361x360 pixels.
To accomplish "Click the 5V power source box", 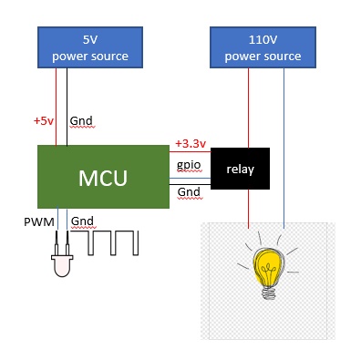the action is coord(90,47).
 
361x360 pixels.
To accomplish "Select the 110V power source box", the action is coord(263,47).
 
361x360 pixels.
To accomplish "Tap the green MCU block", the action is coord(103,177).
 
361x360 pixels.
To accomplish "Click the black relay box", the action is coord(240,169).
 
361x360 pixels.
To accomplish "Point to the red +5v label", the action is coord(44,121).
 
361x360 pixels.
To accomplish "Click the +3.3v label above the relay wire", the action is coord(191,143).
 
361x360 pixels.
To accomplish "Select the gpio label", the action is coord(189,166).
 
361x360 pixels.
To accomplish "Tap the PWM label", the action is coord(39,221).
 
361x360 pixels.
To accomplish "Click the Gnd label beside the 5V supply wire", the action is coord(81,121).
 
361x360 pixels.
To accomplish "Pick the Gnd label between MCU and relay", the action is coord(189,192).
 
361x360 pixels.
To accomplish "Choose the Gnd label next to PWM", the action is coord(82,221).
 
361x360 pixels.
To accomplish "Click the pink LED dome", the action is coord(62,266).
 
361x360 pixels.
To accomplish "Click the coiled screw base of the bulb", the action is coord(269,293).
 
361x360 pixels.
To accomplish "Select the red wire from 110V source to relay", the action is coord(249,108).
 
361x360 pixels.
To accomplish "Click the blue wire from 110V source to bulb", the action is coord(284,149).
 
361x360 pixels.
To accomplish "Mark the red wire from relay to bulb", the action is coord(249,209).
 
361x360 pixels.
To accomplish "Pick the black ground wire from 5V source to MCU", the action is coord(67,107).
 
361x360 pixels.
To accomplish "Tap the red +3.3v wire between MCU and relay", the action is coord(190,151).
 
